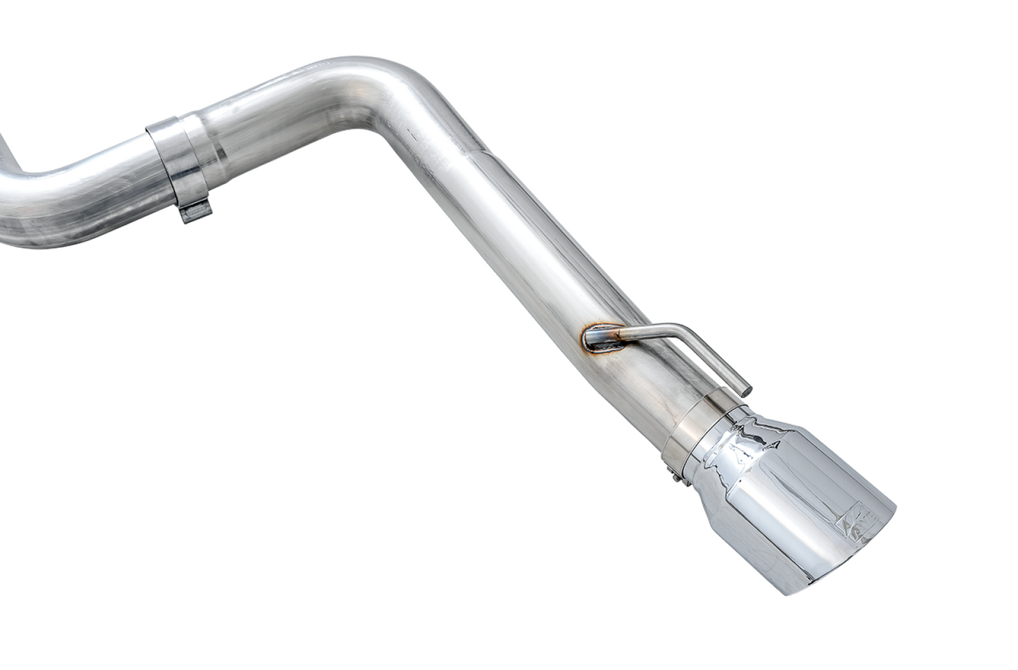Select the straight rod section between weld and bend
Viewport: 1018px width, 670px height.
641,331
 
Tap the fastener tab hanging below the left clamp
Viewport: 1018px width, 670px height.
196,211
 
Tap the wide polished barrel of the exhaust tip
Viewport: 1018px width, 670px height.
796,507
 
